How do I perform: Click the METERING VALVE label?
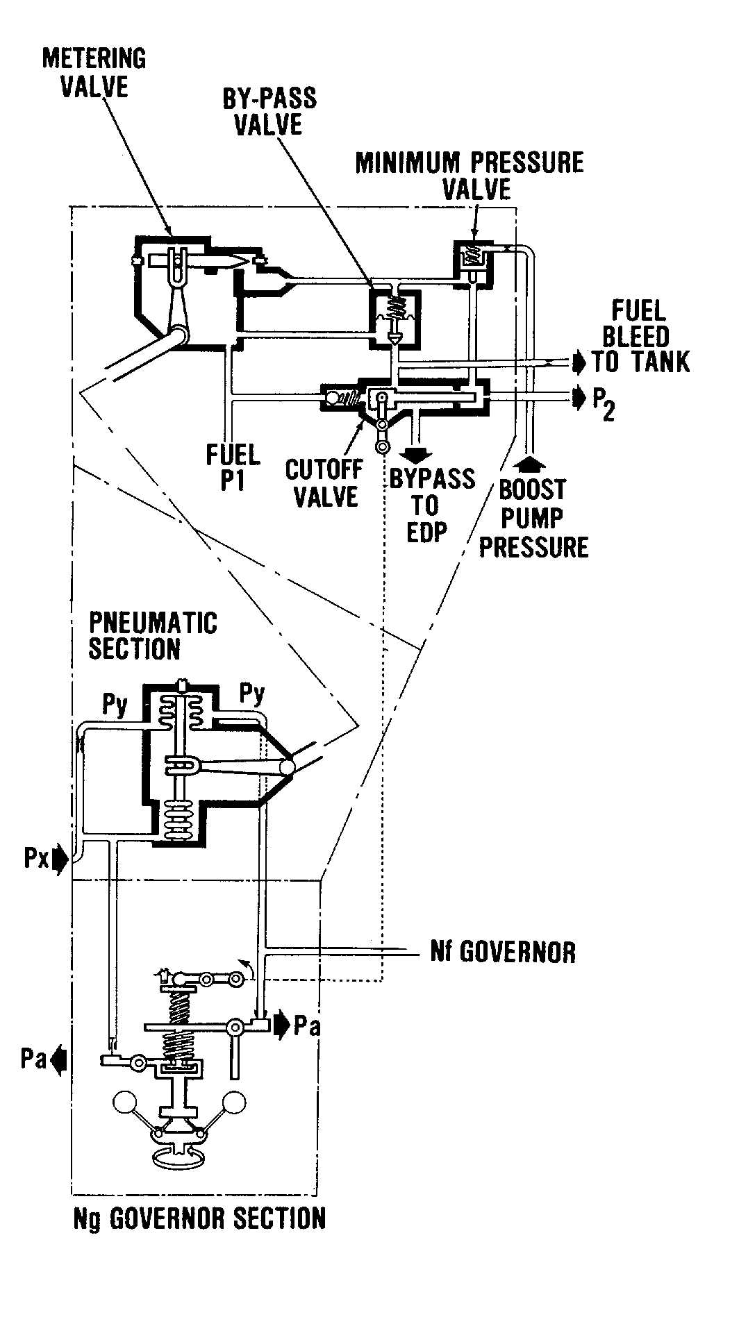coord(94,72)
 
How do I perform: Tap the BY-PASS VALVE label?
coord(269,111)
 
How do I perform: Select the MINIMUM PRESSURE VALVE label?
coord(470,175)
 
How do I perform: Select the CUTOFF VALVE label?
coord(324,483)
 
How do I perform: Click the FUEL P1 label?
coord(233,467)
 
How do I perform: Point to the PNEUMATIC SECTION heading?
coord(152,635)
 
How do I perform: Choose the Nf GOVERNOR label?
coord(503,950)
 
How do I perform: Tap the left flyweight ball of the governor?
coord(126,1103)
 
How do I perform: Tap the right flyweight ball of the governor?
coord(234,1102)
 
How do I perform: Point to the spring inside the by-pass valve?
coord(396,306)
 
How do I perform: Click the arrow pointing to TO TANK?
coord(579,362)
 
